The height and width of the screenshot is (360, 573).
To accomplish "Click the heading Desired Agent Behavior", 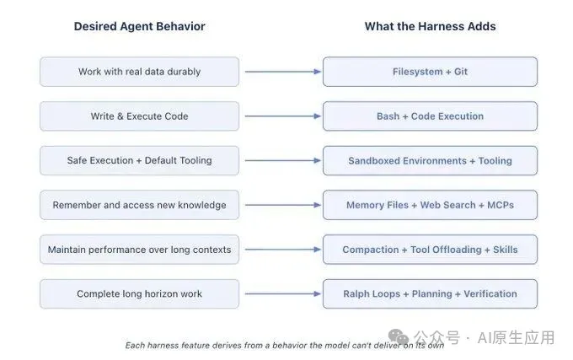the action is [x=139, y=26].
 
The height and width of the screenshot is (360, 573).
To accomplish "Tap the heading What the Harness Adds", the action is [x=430, y=26].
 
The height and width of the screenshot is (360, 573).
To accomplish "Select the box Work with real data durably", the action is [x=140, y=72].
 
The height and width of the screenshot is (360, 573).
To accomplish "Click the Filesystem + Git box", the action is [x=430, y=72].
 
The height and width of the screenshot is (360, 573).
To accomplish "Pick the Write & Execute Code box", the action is [x=140, y=116].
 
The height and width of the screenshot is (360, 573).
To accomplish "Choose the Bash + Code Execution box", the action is [x=430, y=116].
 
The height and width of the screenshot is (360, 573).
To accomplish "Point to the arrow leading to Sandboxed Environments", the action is [x=283, y=160].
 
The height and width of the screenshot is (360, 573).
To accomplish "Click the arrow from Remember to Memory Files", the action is [x=283, y=205].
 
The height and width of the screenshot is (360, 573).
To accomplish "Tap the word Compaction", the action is [x=371, y=250].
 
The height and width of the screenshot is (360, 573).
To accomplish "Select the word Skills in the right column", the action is [x=506, y=250].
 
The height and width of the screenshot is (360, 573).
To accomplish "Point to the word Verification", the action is [x=490, y=294].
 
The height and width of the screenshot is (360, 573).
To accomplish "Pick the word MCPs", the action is [x=501, y=205].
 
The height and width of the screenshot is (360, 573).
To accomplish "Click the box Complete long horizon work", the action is [x=140, y=294].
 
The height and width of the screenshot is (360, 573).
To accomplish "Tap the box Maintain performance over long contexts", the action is [x=140, y=250].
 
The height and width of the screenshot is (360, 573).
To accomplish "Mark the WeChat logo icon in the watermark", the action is [x=399, y=337].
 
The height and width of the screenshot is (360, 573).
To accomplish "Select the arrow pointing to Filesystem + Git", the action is [x=283, y=72].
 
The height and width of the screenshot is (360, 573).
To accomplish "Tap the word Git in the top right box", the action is [x=461, y=72].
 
